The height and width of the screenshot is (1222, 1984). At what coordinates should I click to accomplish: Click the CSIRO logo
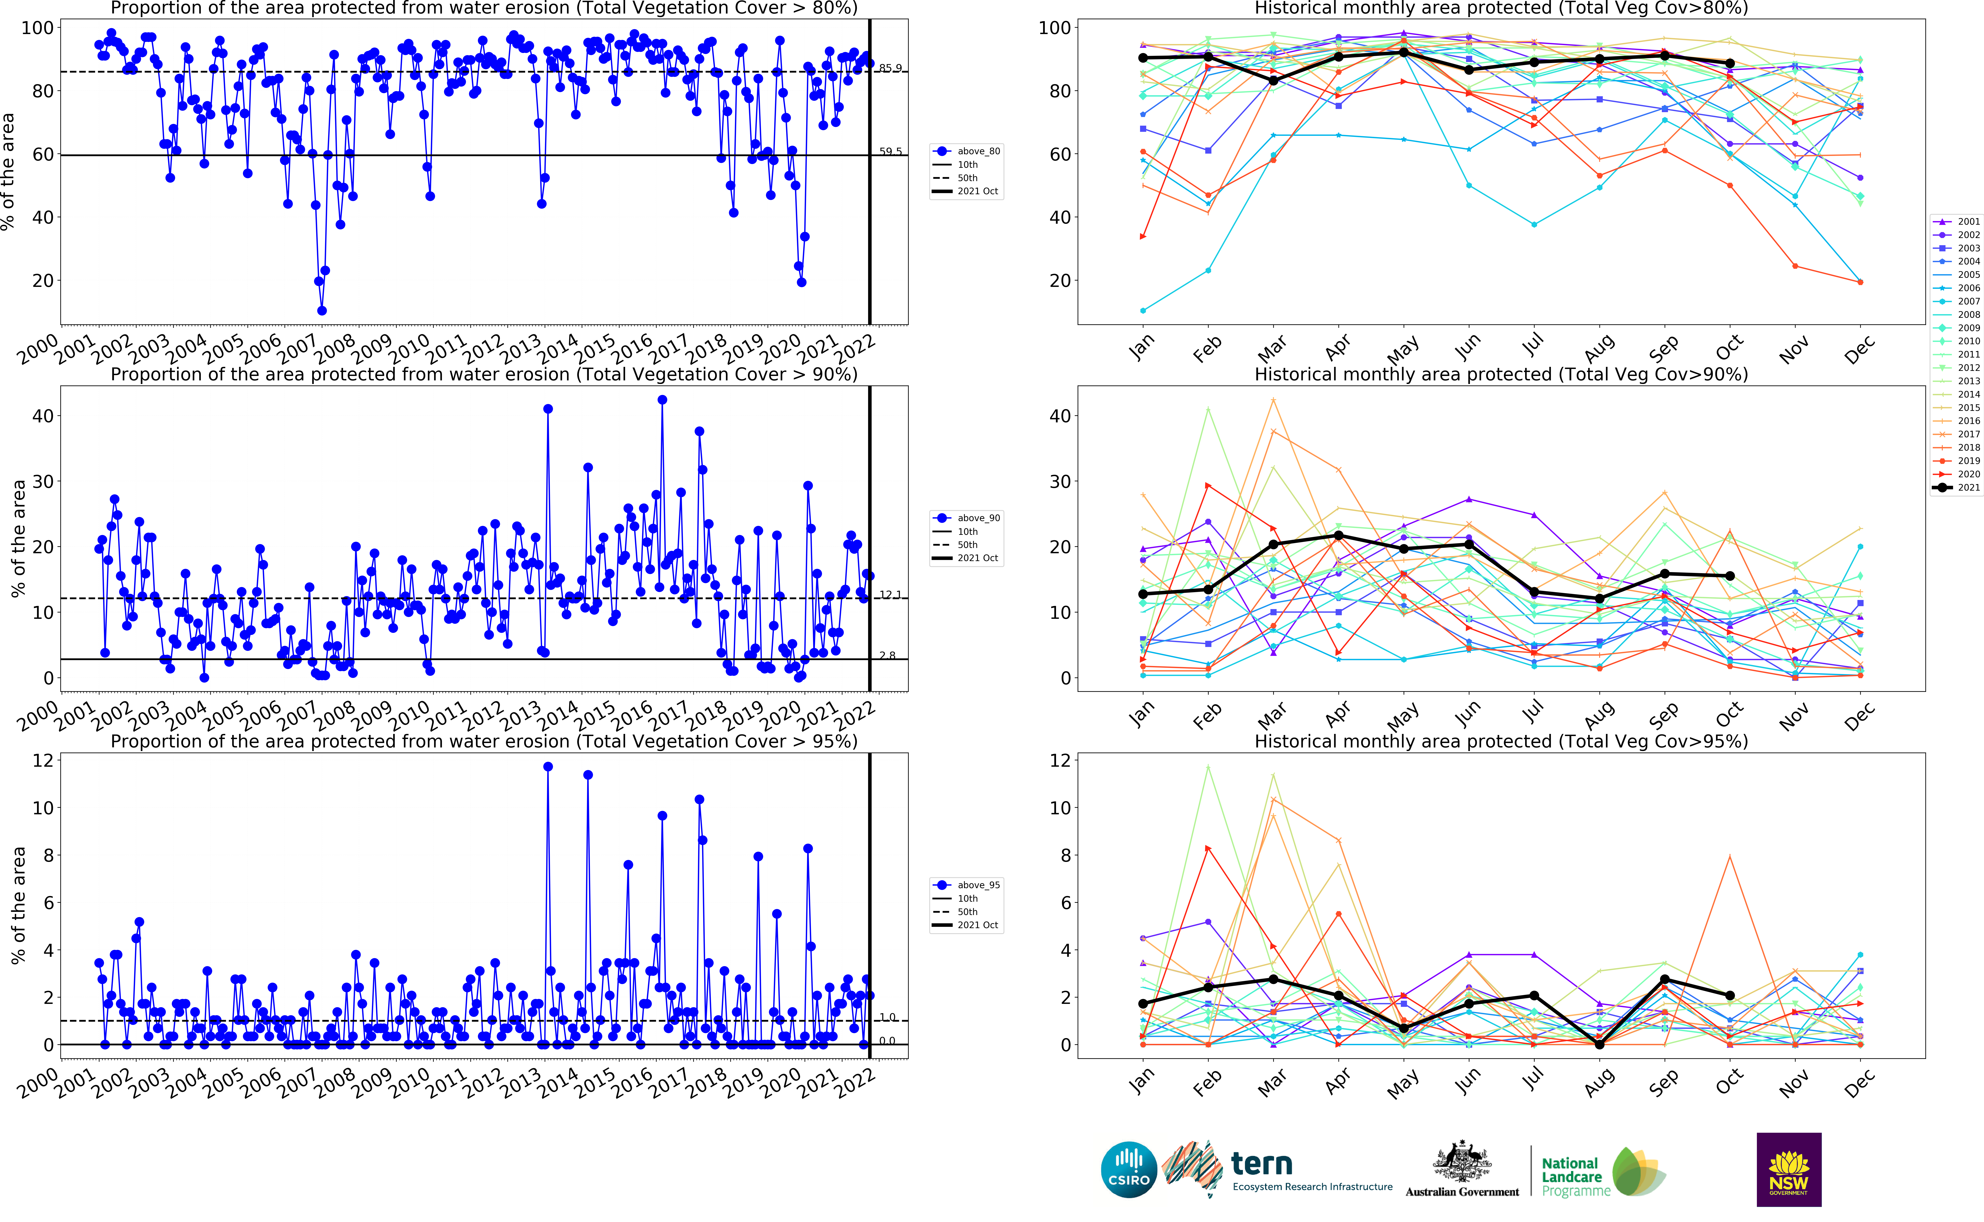(x=1129, y=1170)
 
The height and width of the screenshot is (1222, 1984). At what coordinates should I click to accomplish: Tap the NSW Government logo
(x=1788, y=1170)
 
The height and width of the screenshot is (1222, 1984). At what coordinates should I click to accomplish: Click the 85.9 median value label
(x=890, y=68)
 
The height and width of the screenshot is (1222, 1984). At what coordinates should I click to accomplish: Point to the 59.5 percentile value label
(x=890, y=151)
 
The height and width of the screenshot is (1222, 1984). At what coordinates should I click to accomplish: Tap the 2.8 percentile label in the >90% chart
(x=887, y=655)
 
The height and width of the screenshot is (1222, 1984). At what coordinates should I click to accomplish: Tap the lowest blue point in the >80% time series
(x=322, y=310)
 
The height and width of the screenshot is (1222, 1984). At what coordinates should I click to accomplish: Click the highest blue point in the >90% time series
(x=662, y=399)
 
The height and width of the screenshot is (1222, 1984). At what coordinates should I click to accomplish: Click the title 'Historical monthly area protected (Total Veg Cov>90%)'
(x=1501, y=374)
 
